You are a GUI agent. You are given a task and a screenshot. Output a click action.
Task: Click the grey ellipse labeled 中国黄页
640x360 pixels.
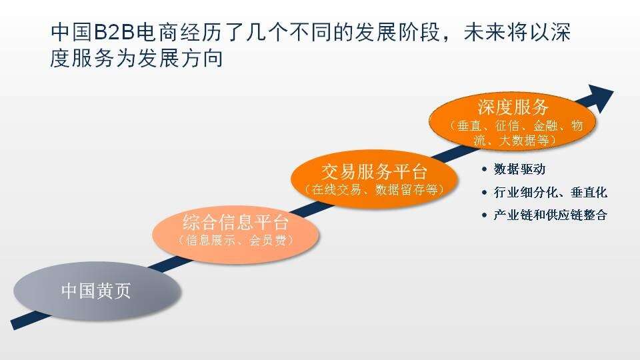[97, 291]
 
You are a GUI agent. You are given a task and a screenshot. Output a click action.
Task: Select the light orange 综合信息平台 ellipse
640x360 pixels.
[235, 234]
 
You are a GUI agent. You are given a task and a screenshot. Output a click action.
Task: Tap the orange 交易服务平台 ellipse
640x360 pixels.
[374, 179]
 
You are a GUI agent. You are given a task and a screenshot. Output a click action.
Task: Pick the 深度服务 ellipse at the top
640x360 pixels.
[513, 121]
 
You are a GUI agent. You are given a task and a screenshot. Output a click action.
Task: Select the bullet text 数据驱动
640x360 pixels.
[519, 169]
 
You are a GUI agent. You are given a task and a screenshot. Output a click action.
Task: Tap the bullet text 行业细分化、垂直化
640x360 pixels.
[551, 192]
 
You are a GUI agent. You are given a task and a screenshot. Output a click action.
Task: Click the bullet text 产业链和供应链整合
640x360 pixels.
[551, 215]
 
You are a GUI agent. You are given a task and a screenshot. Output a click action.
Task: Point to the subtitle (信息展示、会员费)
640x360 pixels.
[235, 241]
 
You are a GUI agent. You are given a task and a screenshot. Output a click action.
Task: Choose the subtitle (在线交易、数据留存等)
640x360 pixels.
[374, 190]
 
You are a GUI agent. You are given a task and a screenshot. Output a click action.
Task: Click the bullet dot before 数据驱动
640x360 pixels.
[485, 169]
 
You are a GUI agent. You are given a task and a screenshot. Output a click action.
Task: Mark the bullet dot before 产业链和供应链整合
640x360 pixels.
[485, 215]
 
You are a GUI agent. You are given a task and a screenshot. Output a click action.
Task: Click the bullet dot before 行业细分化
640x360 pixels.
[485, 192]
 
